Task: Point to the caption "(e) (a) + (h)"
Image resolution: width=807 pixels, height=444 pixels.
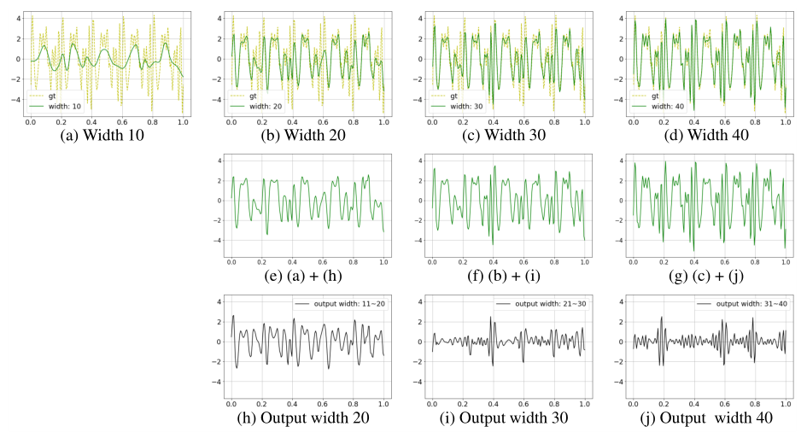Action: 307,275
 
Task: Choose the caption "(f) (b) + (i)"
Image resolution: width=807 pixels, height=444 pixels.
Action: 508,275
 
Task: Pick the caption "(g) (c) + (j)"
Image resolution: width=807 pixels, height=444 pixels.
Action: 709,275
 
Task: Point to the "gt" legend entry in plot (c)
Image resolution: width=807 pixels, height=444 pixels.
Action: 455,96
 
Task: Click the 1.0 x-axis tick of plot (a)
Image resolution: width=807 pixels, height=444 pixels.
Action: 183,123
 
